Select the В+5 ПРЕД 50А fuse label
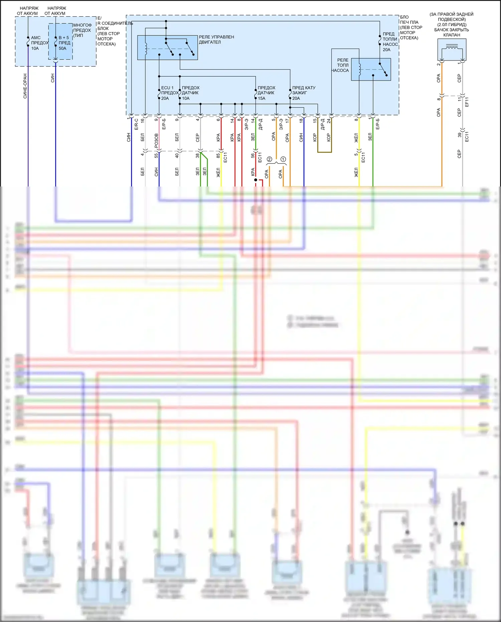click(x=64, y=43)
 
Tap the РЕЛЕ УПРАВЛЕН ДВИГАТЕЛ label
click(x=216, y=39)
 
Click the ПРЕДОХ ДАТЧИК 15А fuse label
click(x=266, y=93)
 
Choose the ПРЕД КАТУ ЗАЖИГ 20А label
click(x=303, y=93)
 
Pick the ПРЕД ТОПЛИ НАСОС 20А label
click(x=390, y=42)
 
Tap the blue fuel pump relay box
click(x=371, y=70)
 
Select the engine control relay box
click(x=167, y=48)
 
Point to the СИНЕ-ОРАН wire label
click(x=25, y=86)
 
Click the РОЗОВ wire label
click(x=156, y=141)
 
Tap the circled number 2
click(x=270, y=159)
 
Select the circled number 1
click(x=283, y=159)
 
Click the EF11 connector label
click(x=467, y=102)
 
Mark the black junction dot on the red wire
click(x=256, y=180)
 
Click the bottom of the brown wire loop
click(x=324, y=152)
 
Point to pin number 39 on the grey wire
click(x=460, y=135)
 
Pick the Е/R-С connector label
click(x=136, y=124)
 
